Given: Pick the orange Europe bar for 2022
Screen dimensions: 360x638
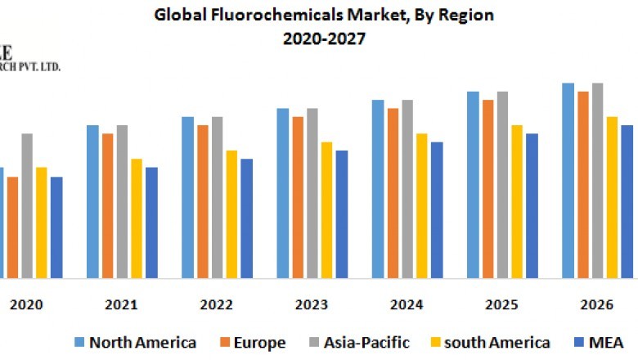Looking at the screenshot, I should [203, 200].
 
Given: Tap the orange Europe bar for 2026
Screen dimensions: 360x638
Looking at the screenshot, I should [583, 184].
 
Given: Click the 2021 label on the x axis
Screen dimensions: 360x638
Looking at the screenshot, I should [121, 305].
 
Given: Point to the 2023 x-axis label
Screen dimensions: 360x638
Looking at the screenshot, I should [312, 305].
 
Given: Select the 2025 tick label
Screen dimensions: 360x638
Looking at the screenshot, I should [501, 305].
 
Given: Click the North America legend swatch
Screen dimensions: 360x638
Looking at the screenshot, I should [79, 342].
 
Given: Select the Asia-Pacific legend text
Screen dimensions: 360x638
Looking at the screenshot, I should [368, 342].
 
